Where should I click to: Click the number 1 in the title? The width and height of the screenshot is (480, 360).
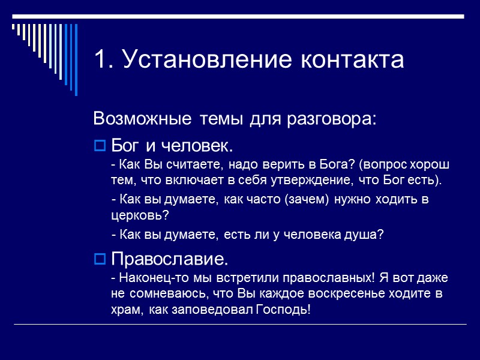point(101,60)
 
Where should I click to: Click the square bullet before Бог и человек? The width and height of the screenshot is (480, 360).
point(100,146)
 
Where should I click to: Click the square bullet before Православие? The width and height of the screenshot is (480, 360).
point(100,260)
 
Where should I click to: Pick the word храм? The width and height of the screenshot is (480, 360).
point(124,310)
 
